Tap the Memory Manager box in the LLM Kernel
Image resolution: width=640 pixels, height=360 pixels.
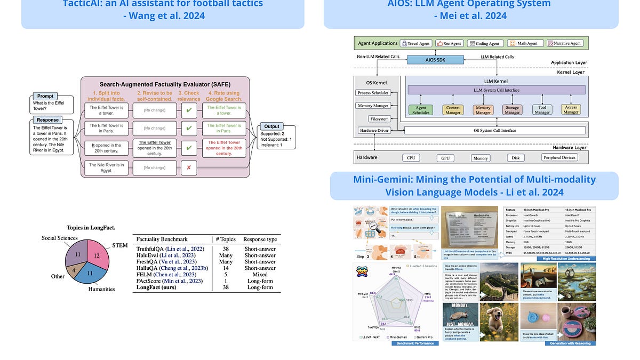pyautogui.click(x=483, y=110)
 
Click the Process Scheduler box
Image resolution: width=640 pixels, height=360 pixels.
pyautogui.click(x=373, y=93)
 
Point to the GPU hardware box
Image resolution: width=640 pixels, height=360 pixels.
pyautogui.click(x=445, y=158)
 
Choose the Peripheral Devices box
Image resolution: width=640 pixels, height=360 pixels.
pyautogui.click(x=559, y=157)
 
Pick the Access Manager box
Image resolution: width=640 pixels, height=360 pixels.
pyautogui.click(x=571, y=110)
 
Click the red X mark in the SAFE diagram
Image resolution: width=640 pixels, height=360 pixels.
pyautogui.click(x=189, y=167)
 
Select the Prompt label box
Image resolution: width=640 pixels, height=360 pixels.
pyautogui.click(x=45, y=97)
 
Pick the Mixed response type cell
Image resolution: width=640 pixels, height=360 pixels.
pyautogui.click(x=260, y=274)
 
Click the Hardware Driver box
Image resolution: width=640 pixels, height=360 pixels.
pyautogui.click(x=375, y=131)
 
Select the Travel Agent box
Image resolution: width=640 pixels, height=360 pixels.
pyautogui.click(x=417, y=43)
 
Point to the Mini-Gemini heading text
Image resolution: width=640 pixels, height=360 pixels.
pyautogui.click(x=474, y=186)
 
